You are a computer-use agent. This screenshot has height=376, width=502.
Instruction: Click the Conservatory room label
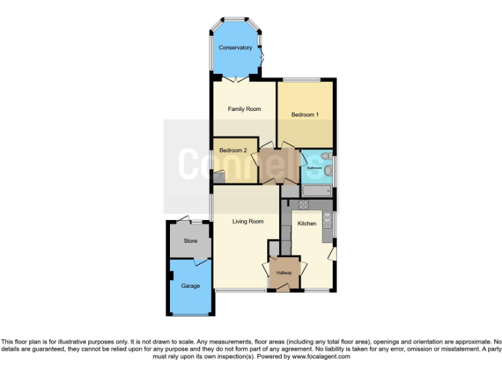235,48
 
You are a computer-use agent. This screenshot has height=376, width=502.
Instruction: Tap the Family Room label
244,109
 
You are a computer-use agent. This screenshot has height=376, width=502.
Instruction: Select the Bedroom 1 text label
305,115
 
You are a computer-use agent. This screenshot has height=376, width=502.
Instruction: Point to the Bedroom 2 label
233,151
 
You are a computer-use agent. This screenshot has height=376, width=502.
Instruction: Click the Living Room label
248,221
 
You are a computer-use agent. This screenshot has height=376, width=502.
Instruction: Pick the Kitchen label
307,223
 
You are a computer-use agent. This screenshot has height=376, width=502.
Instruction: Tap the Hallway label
284,272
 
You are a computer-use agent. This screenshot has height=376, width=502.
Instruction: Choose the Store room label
190,241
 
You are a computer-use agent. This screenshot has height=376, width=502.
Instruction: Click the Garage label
190,286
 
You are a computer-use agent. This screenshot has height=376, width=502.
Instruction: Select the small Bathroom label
315,168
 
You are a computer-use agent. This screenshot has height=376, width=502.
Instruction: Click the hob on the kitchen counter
303,204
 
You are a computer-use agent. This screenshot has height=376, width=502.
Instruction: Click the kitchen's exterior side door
333,253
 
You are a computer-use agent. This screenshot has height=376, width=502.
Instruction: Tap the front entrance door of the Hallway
284,287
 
